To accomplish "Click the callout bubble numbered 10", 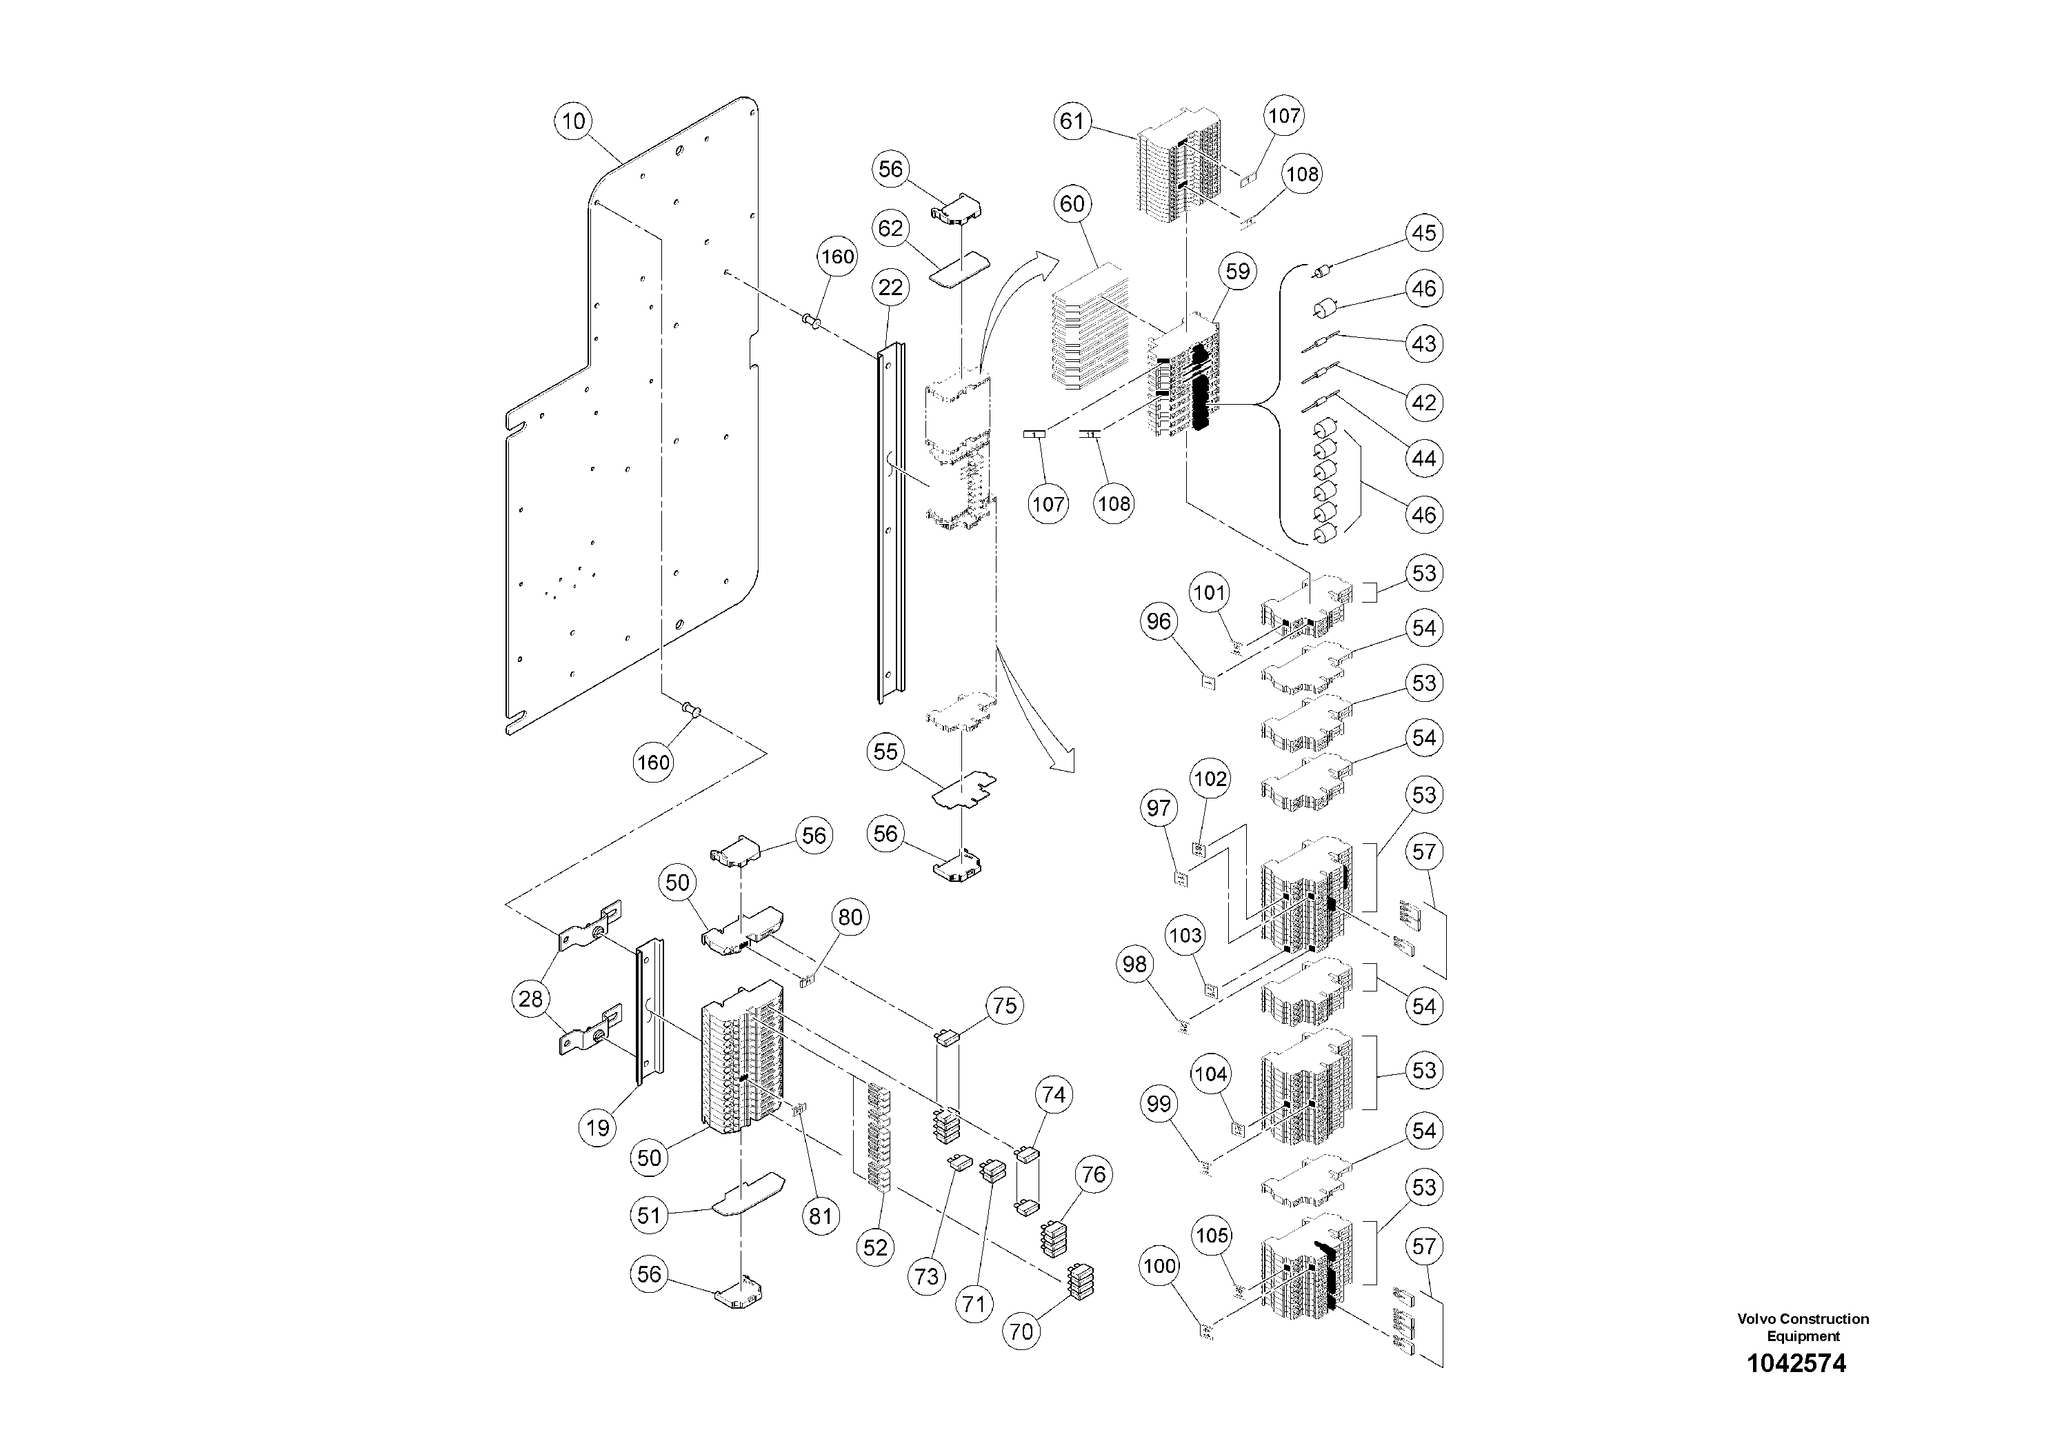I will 573,121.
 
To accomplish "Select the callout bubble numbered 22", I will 890,288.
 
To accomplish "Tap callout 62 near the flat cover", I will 890,229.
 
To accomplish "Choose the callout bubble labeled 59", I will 1237,271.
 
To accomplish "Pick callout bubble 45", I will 1423,232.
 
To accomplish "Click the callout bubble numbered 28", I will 531,998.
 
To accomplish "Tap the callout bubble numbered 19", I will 597,1127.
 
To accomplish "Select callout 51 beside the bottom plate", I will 649,1215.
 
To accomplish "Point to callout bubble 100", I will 1160,1266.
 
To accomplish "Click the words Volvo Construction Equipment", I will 1803,1327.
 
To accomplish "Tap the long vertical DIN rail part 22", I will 890,527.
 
